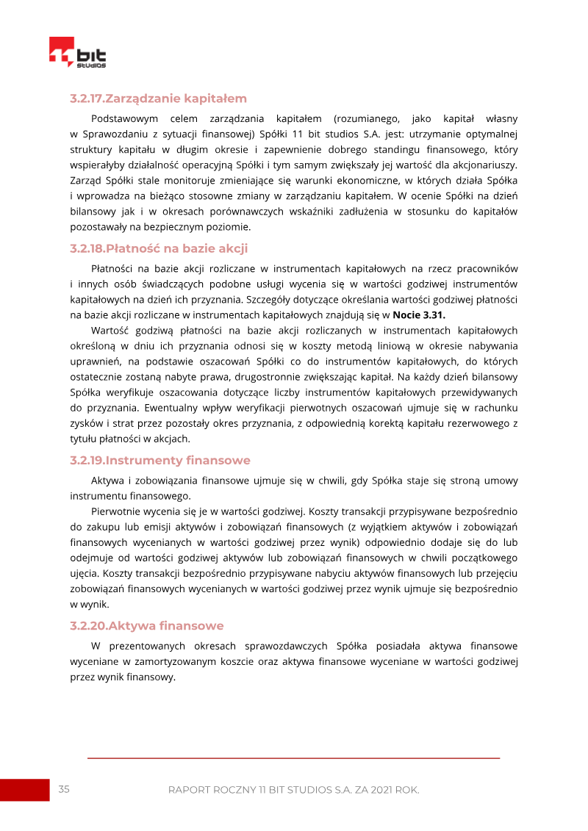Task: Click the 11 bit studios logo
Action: coord(77,54)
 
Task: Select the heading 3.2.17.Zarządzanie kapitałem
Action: coord(158,98)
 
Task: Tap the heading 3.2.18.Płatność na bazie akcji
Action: coord(159,248)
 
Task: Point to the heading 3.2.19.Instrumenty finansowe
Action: coord(160,461)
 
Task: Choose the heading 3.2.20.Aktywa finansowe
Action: coord(146,626)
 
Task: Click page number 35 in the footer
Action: coord(64,789)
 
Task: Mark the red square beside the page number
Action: coord(24,790)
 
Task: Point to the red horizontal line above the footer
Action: coord(293,758)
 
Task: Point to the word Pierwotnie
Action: coord(118,511)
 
